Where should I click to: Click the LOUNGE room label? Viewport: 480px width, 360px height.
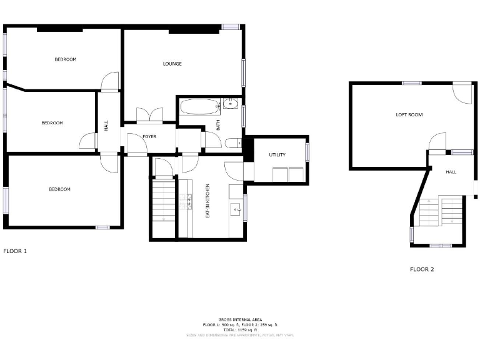[x=172, y=64]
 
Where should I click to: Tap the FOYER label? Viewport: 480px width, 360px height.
[x=149, y=136]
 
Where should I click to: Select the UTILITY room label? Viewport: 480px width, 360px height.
[x=277, y=154]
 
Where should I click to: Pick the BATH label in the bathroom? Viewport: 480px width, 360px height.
[x=218, y=125]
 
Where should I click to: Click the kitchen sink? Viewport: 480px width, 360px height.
[x=236, y=208]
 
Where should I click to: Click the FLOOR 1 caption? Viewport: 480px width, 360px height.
[x=16, y=251]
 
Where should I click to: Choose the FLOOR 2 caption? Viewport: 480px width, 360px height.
[x=422, y=269]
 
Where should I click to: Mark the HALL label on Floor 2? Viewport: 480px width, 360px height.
[x=451, y=171]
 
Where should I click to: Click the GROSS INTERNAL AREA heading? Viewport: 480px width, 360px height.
[x=239, y=319]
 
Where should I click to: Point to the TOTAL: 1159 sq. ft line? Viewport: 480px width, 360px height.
[x=239, y=329]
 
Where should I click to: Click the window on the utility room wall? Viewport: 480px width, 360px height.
[x=307, y=152]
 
